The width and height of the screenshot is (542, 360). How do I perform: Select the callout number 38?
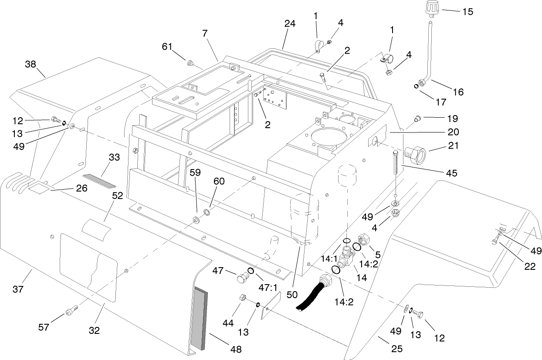30,64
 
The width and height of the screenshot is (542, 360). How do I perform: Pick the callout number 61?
167,46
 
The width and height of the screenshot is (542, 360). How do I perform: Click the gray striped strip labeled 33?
99,180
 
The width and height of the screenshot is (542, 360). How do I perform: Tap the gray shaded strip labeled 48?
199,318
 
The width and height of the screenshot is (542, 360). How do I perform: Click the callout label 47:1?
268,288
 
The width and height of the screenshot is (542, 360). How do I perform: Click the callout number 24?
290,24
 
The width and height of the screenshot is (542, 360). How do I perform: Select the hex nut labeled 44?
243,297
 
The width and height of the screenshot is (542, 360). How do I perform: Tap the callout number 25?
397,349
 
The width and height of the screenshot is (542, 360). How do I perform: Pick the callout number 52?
117,196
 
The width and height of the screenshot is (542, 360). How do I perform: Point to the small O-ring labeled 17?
416,86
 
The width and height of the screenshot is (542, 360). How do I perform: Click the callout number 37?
18,289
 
